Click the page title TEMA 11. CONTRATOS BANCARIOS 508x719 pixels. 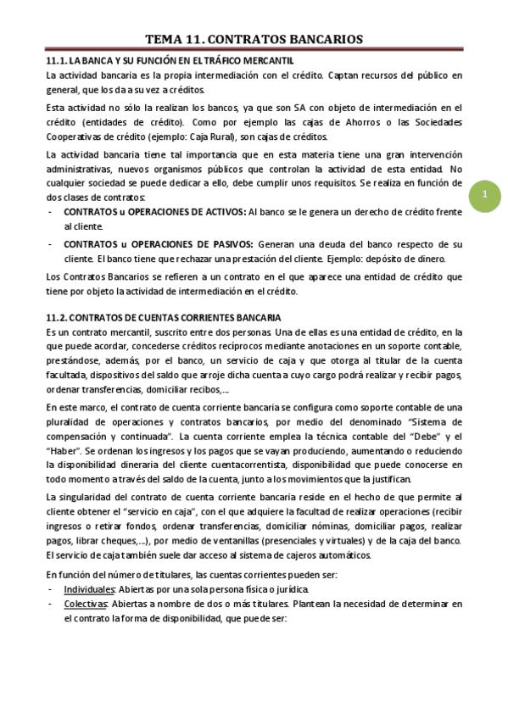(x=254, y=40)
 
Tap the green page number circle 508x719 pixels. (x=484, y=197)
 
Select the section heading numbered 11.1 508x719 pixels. (x=170, y=61)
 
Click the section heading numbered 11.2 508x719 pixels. (x=163, y=317)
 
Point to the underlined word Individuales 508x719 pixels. (x=89, y=589)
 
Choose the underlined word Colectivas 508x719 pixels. (x=86, y=604)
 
